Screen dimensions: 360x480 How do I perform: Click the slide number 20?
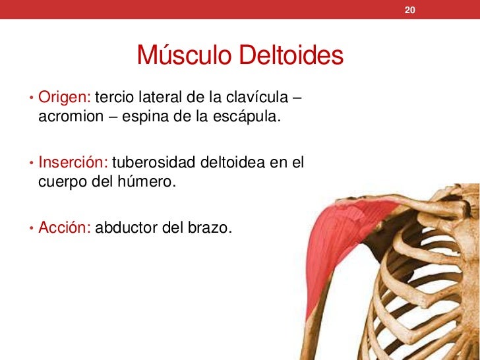click(x=409, y=11)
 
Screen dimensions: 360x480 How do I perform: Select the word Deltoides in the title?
click(x=291, y=57)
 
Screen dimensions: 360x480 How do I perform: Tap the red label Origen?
click(x=65, y=98)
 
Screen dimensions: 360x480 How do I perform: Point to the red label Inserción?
click(x=74, y=162)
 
